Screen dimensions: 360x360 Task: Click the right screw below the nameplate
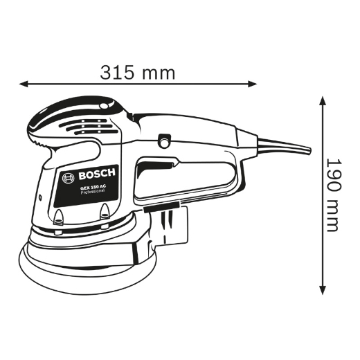coord(104,213)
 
